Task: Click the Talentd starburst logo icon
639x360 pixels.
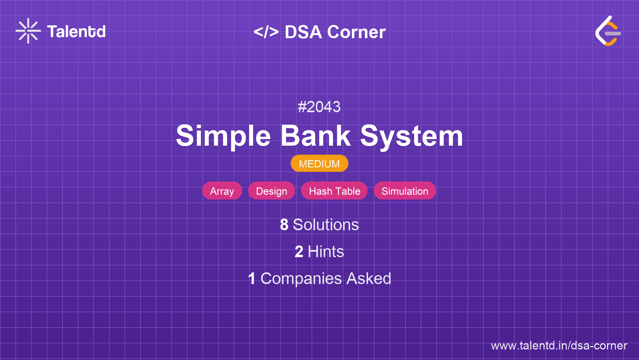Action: pyautogui.click(x=28, y=31)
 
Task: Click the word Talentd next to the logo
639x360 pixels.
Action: pyautogui.click(x=76, y=32)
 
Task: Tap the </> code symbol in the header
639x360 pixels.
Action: pyautogui.click(x=266, y=32)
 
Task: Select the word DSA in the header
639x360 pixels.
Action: pyautogui.click(x=303, y=32)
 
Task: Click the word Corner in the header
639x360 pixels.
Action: pyautogui.click(x=356, y=32)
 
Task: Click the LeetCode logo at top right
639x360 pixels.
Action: pyautogui.click(x=608, y=31)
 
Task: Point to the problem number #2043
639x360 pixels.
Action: pyautogui.click(x=319, y=107)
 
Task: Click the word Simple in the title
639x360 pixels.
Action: pyautogui.click(x=223, y=136)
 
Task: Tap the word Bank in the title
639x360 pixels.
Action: pyautogui.click(x=316, y=136)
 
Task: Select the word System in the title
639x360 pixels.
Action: pyautogui.click(x=411, y=136)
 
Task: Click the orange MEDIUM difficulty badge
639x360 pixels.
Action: pyautogui.click(x=319, y=164)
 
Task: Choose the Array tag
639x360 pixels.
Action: pyautogui.click(x=222, y=191)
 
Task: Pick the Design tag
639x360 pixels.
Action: pyautogui.click(x=272, y=191)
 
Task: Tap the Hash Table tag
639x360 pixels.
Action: pyautogui.click(x=334, y=191)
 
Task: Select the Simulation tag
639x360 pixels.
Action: pyautogui.click(x=405, y=191)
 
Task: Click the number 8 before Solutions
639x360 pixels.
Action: pyautogui.click(x=284, y=225)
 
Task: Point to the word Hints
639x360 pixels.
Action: pyautogui.click(x=326, y=252)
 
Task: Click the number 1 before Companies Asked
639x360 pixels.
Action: pyautogui.click(x=252, y=279)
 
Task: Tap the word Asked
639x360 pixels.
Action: pyautogui.click(x=369, y=279)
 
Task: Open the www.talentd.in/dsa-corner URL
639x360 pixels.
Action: pyautogui.click(x=559, y=346)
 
